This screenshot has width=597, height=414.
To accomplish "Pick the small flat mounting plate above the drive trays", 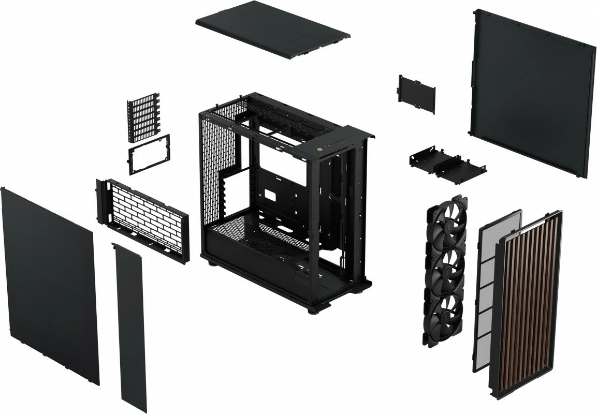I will point(417,94).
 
